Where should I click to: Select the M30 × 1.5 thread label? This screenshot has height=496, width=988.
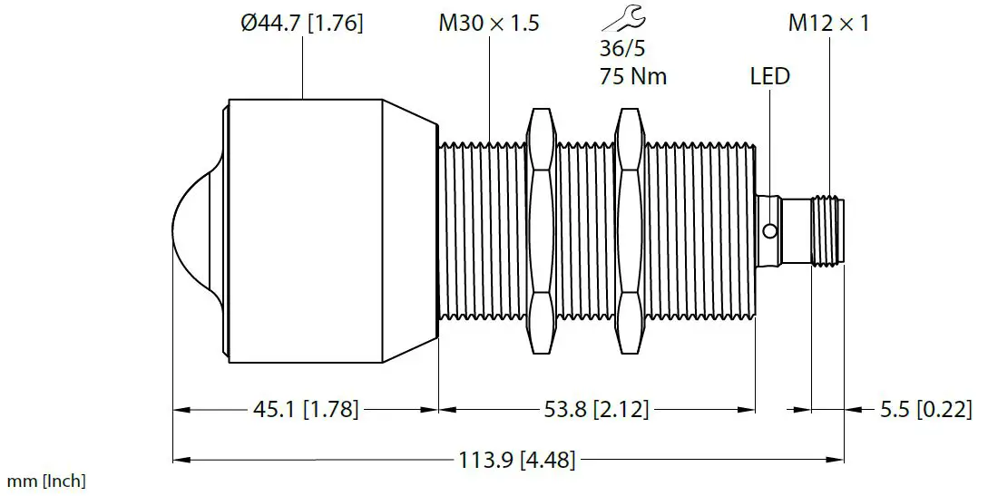pyautogui.click(x=488, y=24)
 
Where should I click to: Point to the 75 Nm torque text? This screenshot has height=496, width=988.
pyautogui.click(x=632, y=76)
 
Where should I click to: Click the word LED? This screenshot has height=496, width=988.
pyautogui.click(x=769, y=76)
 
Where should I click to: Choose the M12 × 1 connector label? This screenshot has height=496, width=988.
pyautogui.click(x=827, y=24)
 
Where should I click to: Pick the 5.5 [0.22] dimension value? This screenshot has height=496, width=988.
pyautogui.click(x=926, y=411)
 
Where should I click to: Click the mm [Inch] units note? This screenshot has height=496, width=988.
pyautogui.click(x=46, y=481)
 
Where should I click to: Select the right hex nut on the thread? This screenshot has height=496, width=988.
pyautogui.click(x=631, y=230)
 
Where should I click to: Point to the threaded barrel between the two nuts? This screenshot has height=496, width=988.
pyautogui.click(x=585, y=230)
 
